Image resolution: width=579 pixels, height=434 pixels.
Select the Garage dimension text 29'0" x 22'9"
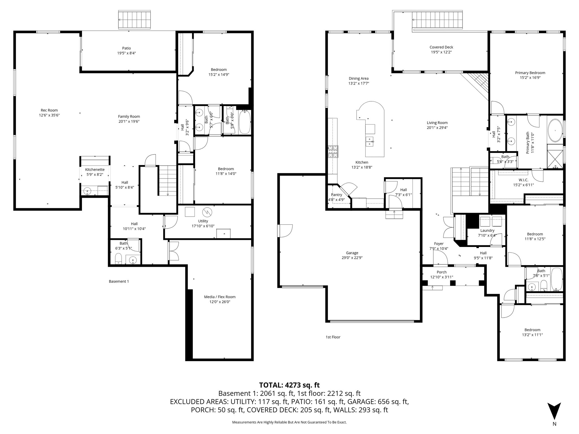(352, 258)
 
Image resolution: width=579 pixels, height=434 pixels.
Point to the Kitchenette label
(95, 170)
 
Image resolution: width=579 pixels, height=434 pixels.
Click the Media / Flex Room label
(220, 297)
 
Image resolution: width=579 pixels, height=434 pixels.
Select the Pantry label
(336, 195)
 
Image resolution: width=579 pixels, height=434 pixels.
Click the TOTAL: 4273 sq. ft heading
(289, 385)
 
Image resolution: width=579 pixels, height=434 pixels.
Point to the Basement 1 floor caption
(119, 281)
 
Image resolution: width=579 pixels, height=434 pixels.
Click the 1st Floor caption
(333, 337)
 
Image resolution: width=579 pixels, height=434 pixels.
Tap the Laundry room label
(487, 231)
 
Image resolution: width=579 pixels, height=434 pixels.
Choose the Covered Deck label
(441, 47)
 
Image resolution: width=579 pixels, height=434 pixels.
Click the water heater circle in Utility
(208, 212)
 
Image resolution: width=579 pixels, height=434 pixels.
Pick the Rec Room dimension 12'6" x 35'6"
(49, 115)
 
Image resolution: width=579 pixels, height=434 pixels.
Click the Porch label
(442, 272)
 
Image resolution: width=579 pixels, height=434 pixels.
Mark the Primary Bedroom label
(530, 73)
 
